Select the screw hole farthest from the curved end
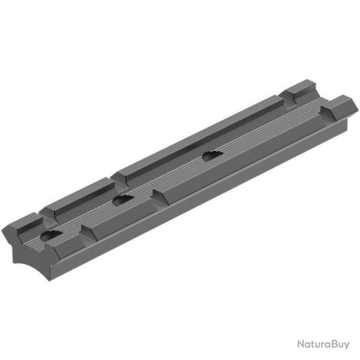coord(211,157)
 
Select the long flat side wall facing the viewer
coord(210,198)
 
